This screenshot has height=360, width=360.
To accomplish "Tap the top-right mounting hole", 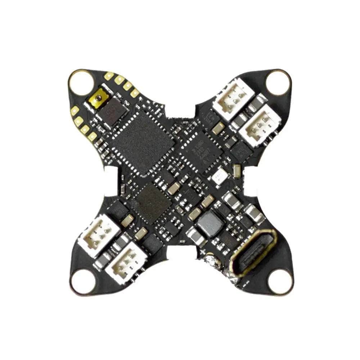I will tap(278, 81).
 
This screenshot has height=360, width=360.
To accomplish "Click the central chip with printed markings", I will tap(201, 148).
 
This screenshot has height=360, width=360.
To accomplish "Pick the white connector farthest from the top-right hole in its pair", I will tap(260, 125).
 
